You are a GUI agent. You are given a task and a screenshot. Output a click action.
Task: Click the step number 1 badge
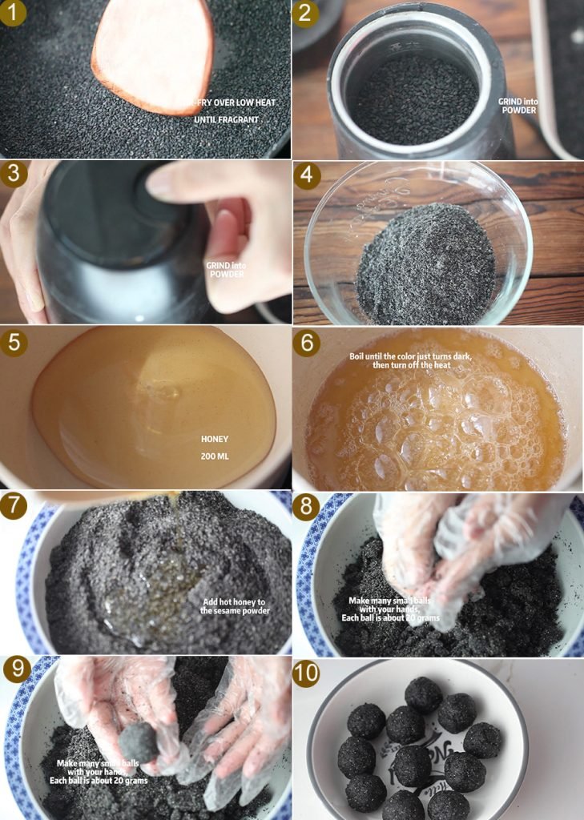[x=13, y=13]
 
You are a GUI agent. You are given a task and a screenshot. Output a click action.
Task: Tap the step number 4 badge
[x=307, y=175]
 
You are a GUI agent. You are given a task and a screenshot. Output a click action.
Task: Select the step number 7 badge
[x=13, y=506]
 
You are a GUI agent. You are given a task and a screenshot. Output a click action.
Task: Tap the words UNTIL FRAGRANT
[x=226, y=120]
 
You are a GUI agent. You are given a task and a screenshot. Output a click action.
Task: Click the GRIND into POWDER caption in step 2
[x=518, y=106]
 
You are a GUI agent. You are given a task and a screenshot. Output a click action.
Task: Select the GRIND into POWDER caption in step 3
[x=226, y=270]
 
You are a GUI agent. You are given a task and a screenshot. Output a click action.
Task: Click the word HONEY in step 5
[x=215, y=440]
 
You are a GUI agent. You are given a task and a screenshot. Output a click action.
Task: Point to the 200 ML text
[x=215, y=456]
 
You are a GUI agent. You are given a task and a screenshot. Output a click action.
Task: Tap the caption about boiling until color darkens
[x=411, y=361]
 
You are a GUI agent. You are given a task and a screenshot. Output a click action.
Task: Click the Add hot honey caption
[x=235, y=607]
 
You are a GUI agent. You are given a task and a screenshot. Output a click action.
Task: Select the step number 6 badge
[x=306, y=343]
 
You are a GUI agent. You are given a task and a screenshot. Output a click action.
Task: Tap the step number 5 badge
[x=14, y=343]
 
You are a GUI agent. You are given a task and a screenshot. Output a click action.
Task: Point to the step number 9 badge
[x=17, y=669]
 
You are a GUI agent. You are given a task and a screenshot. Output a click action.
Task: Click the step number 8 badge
[x=306, y=507]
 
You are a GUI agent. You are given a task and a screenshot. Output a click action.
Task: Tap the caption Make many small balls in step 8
[x=390, y=609]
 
